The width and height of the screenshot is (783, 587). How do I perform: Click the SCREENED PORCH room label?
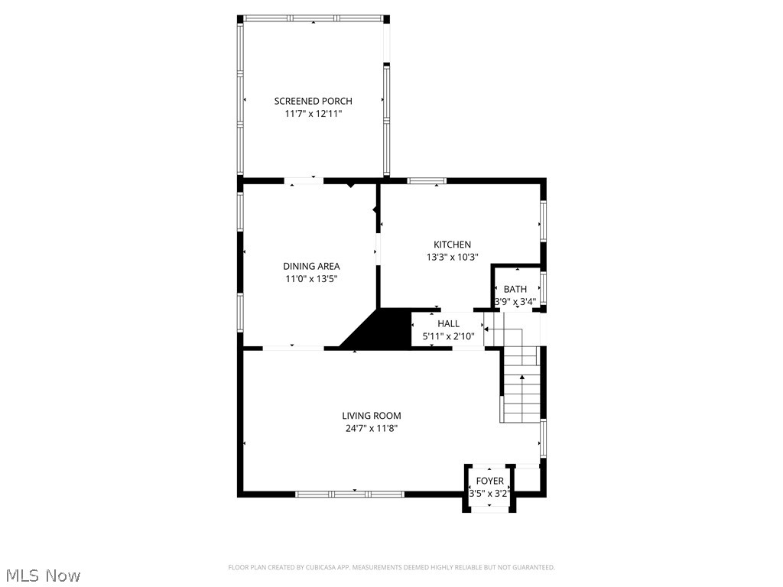click(x=314, y=101)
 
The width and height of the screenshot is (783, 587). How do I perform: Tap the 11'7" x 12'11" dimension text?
click(x=314, y=114)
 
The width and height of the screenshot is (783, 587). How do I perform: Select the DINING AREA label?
click(x=311, y=266)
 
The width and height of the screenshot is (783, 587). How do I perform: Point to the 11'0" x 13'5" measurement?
click(x=311, y=279)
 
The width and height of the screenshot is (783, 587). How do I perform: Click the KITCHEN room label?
click(x=453, y=245)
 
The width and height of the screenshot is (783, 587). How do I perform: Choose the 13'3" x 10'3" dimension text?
click(x=453, y=258)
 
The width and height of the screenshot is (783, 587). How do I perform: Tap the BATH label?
click(x=515, y=289)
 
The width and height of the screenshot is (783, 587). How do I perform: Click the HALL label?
click(x=449, y=324)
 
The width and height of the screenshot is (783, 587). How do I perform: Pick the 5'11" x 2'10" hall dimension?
click(x=449, y=336)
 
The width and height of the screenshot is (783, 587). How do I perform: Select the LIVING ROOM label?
click(x=372, y=416)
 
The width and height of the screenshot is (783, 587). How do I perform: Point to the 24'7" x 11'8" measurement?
click(x=372, y=429)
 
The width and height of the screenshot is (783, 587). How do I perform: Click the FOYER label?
click(x=490, y=481)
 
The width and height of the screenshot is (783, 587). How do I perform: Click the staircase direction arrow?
click(x=523, y=377)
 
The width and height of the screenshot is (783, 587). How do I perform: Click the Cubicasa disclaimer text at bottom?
click(x=391, y=567)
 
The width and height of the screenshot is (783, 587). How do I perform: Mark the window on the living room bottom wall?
click(x=349, y=495)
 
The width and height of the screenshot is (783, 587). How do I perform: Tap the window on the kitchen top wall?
click(x=426, y=181)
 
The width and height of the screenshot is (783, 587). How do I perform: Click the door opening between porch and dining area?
click(x=304, y=181)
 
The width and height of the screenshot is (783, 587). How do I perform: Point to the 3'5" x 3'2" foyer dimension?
click(x=490, y=494)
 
